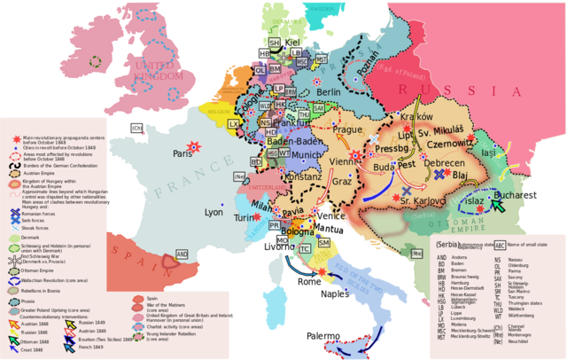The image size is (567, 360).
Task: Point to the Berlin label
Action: (x=328, y=92)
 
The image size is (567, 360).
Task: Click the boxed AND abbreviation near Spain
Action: (x=182, y=254)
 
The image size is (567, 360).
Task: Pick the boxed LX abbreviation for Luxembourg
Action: (x=234, y=124)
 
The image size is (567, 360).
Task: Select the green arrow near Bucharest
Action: (x=501, y=206)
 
